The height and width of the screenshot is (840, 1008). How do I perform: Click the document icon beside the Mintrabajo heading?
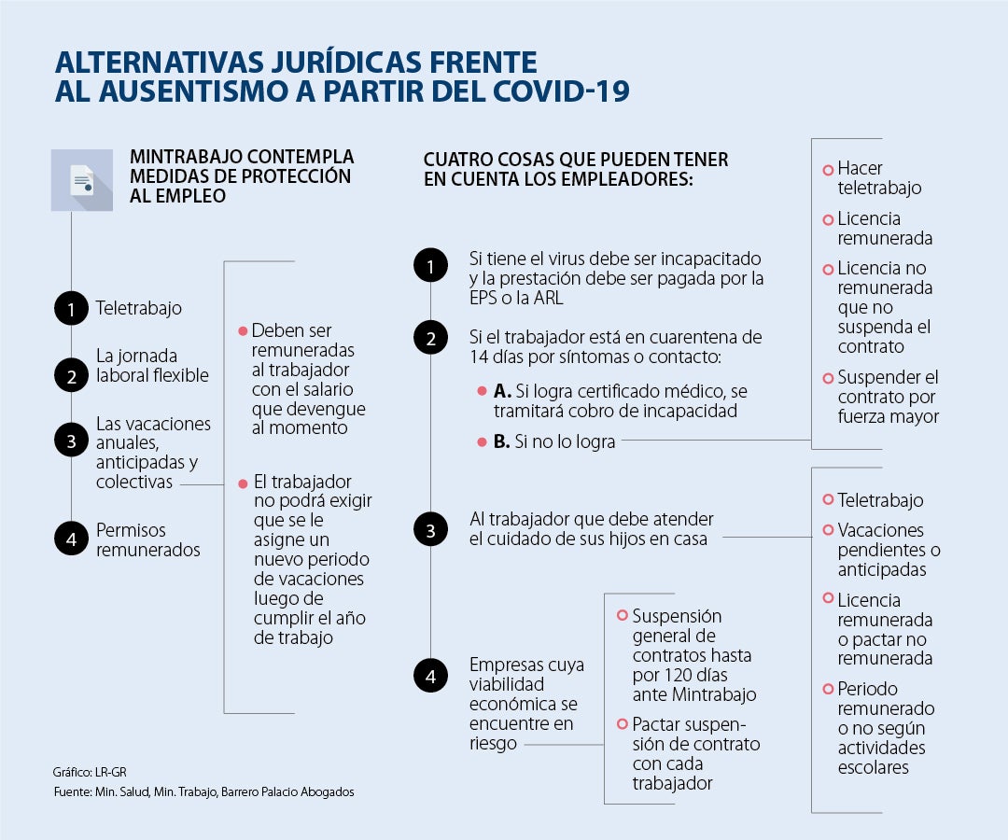[x=82, y=180]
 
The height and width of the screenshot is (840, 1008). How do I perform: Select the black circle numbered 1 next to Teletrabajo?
[x=71, y=308]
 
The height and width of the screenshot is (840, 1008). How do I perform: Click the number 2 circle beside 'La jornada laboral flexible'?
[x=71, y=375]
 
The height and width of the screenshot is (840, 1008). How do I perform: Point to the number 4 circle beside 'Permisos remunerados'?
[x=71, y=539]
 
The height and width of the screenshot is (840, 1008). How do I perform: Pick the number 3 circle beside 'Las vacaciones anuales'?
[x=71, y=442]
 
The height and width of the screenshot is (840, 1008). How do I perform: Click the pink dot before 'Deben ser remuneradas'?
[x=243, y=331]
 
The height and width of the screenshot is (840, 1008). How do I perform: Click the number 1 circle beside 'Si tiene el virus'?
[x=430, y=267]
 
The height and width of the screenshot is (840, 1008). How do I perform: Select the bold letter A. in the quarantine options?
[x=501, y=392]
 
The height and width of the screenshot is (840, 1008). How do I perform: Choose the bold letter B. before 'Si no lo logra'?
[x=501, y=442]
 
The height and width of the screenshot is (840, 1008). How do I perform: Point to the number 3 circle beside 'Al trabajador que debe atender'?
[x=430, y=531]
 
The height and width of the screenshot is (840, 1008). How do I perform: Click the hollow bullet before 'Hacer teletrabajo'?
[x=827, y=170]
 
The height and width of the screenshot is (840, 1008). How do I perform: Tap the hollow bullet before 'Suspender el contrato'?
[x=827, y=378]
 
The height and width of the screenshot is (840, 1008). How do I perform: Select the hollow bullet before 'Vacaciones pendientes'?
[x=827, y=530]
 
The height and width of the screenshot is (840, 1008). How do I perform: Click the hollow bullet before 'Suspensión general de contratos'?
[x=623, y=616]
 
